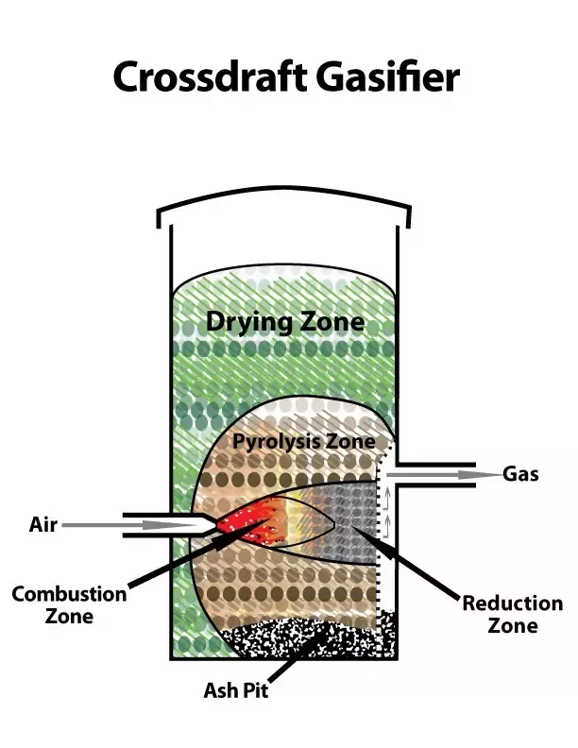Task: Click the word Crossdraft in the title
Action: coord(210,76)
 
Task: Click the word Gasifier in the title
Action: coord(388,76)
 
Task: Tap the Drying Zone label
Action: coord(285,322)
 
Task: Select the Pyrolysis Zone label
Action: coord(304,441)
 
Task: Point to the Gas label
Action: coord(520,474)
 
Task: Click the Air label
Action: coord(43,524)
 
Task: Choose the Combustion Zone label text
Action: coord(70,604)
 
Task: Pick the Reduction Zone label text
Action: coord(513,614)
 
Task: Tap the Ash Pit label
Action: coord(236,690)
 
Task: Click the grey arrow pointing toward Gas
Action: coord(444,475)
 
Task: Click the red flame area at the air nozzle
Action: coord(248,524)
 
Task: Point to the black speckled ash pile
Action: coord(305,637)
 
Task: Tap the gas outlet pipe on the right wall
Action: coord(436,475)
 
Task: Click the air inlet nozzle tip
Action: coord(213,525)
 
